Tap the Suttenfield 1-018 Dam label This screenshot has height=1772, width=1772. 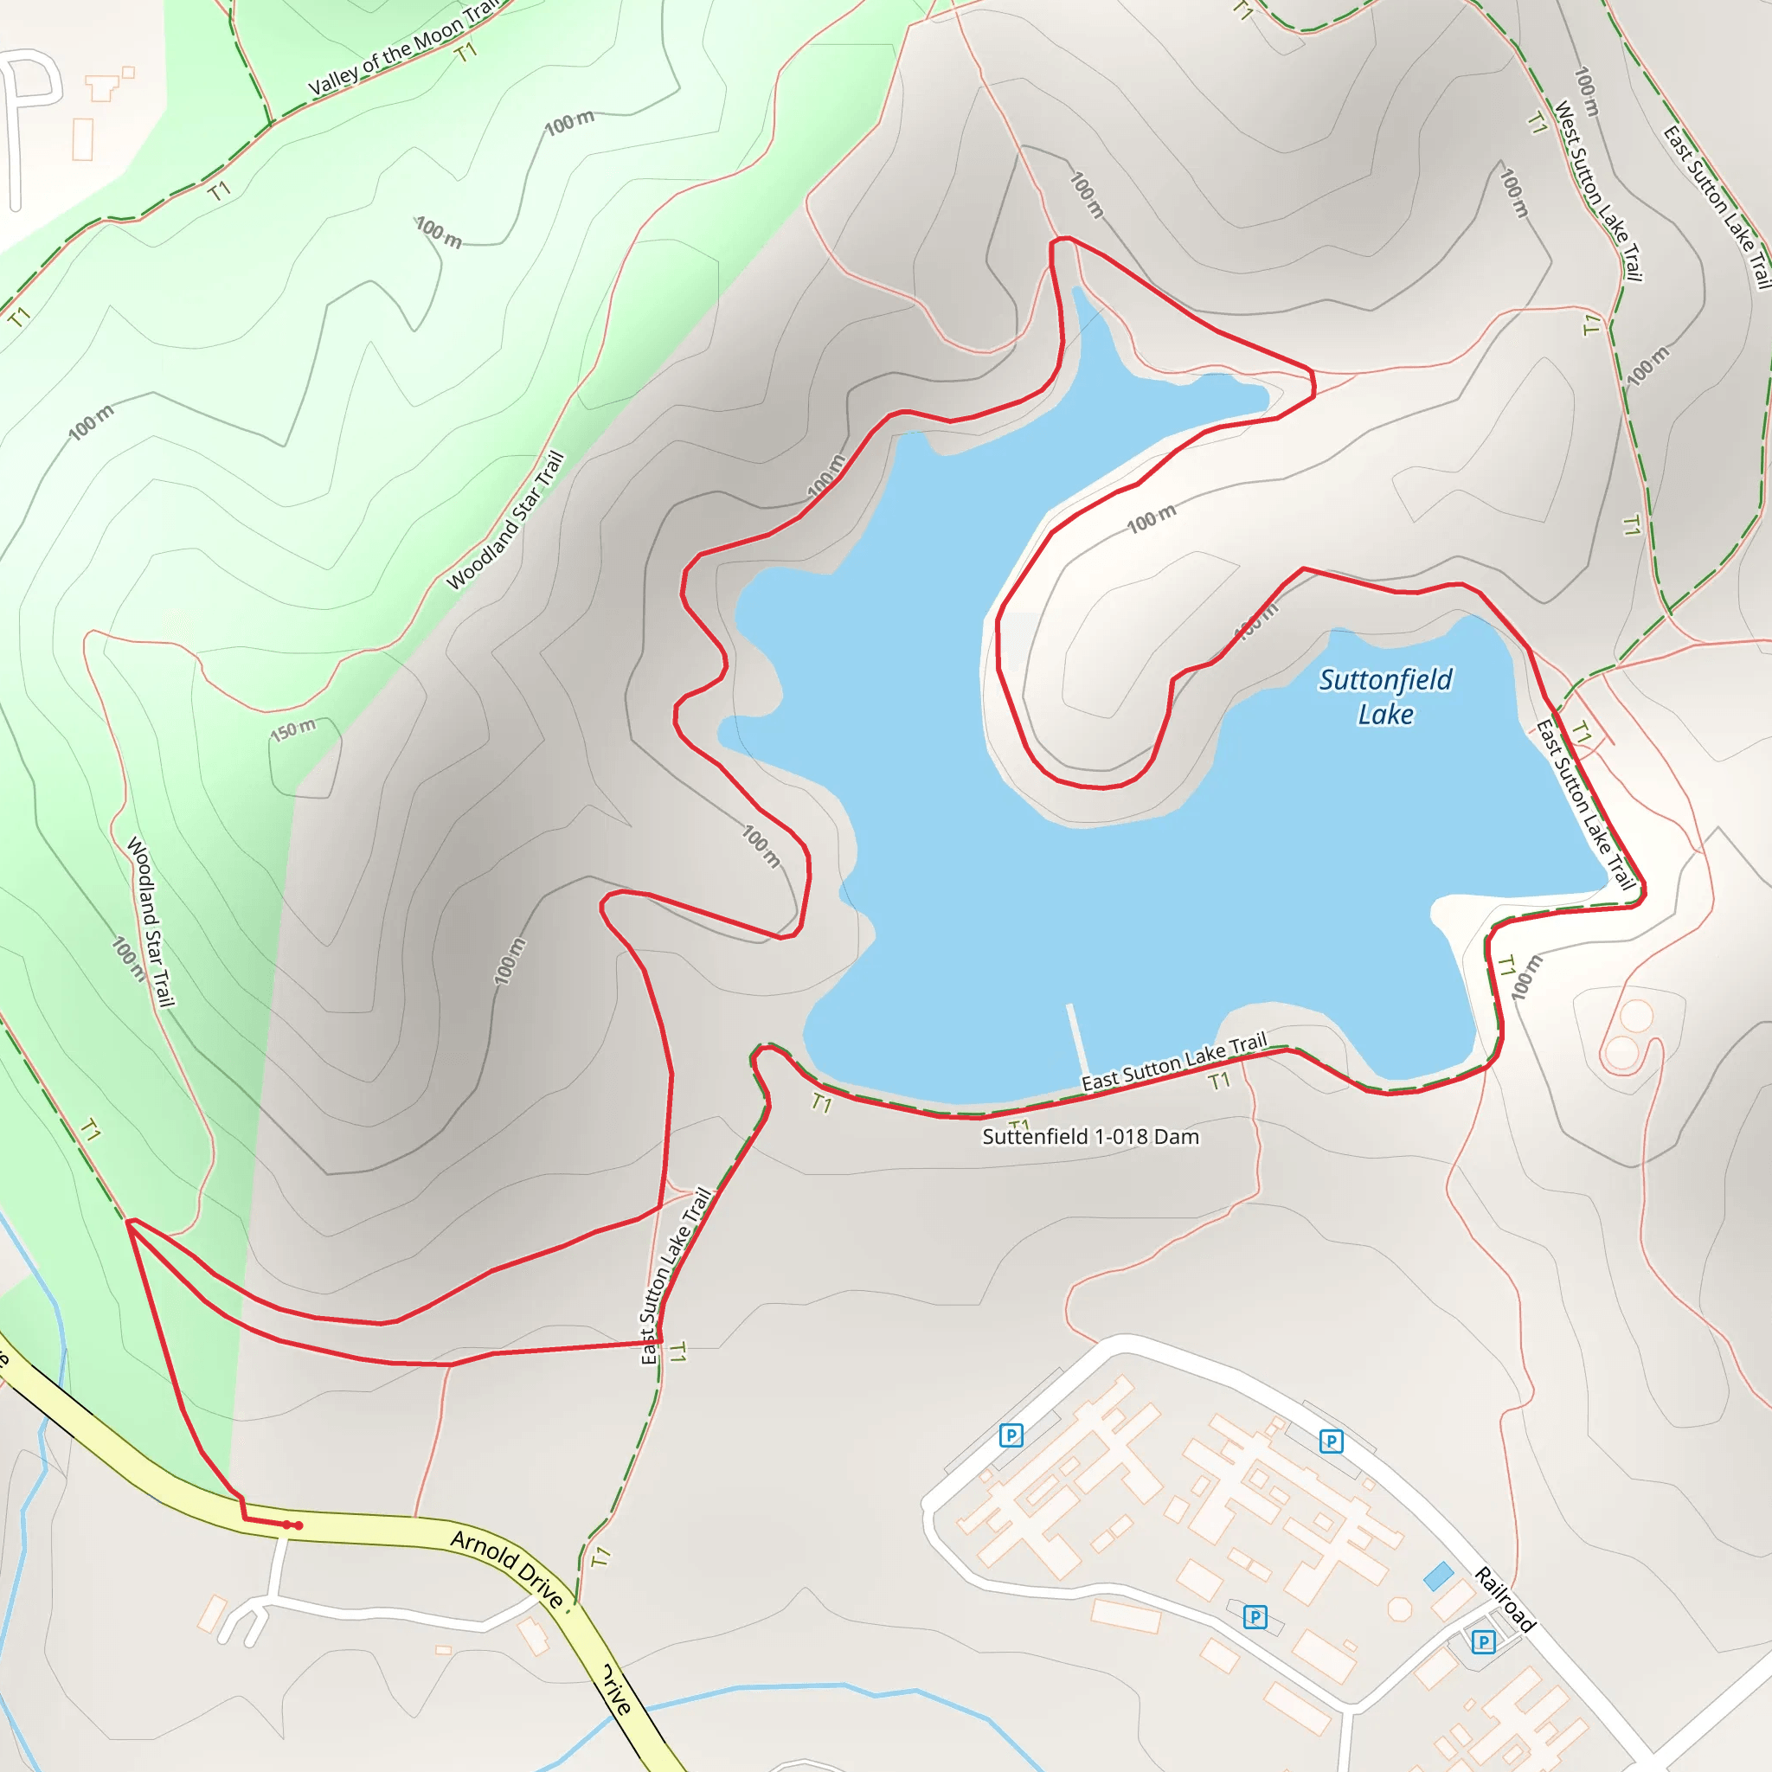1090,1137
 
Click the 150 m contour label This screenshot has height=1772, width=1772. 292,731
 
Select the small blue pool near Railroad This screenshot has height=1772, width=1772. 1438,1576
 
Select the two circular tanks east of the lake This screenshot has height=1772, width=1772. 1629,1035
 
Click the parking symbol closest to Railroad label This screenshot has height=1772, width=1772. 1483,1641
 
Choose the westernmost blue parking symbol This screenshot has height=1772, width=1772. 1011,1435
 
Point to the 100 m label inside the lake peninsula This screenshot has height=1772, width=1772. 1151,520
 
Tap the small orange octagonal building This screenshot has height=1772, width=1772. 1400,1609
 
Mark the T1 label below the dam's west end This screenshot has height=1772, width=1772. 821,1103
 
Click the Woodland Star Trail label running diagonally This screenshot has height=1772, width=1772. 505,520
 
